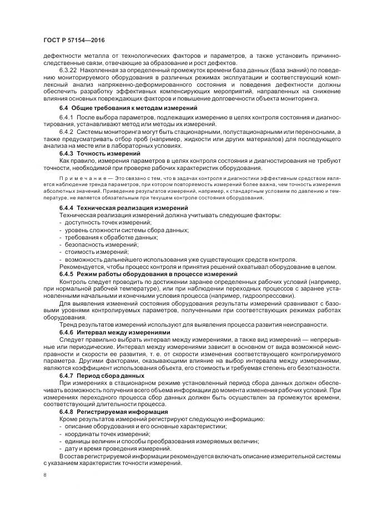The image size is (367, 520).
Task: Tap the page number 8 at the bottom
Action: coord(44,476)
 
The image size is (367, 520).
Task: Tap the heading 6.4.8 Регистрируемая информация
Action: coord(113,412)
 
